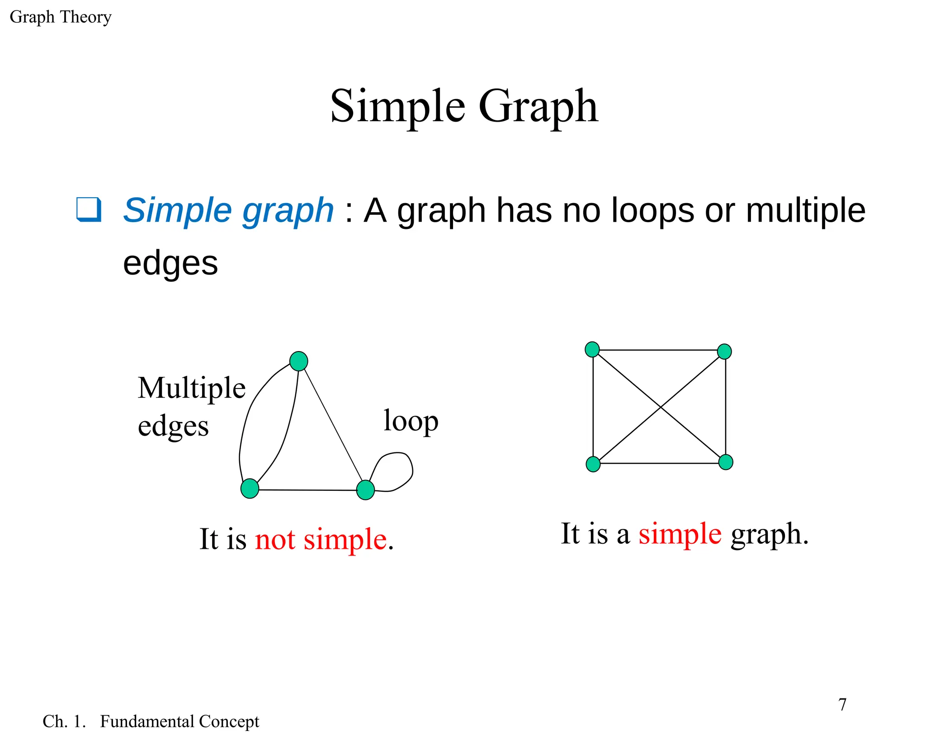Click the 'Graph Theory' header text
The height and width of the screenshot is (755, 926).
pos(60,17)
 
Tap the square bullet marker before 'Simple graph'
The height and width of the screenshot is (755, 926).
pos(89,209)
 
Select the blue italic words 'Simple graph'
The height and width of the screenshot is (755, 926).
pos(228,210)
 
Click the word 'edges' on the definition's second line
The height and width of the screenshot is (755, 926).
pos(170,263)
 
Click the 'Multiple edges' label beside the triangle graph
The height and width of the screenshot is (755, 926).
pos(191,406)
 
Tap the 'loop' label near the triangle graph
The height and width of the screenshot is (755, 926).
pos(411,422)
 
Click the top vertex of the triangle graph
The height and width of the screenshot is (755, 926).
pos(298,361)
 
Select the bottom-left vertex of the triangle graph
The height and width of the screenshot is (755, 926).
pos(250,489)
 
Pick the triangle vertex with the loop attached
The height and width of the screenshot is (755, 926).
pos(365,490)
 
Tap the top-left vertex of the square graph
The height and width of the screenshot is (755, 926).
pos(592,349)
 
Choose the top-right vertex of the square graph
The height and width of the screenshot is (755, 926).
pos(724,351)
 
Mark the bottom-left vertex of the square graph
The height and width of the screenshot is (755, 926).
pos(593,464)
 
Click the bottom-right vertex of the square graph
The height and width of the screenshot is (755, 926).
pos(725,462)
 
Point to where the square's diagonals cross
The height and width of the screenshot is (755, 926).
pos(660,407)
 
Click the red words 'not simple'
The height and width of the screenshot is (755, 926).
pos(321,539)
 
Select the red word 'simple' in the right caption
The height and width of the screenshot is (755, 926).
pos(680,534)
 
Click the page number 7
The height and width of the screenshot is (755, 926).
pos(842,704)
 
